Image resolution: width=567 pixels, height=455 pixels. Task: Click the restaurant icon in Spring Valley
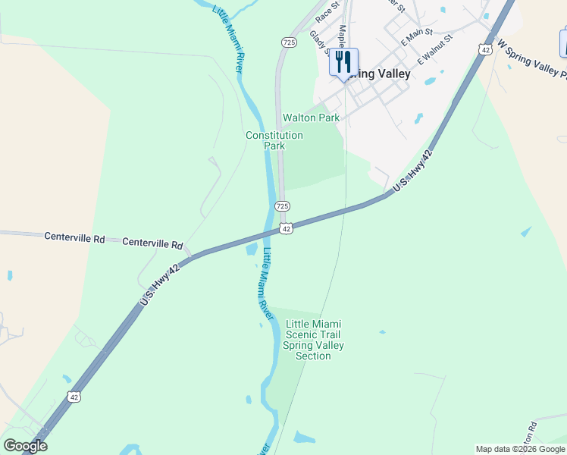pos(343,61)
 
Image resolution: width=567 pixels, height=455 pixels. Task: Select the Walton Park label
pos(311,118)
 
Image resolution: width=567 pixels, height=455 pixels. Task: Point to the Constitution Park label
pos(274,140)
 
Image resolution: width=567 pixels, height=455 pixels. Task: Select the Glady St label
pos(320,42)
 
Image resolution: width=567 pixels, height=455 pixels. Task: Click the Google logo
pos(24,446)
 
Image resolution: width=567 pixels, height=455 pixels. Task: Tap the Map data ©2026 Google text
pos(521,449)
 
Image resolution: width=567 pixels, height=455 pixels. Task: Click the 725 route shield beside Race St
pos(288,42)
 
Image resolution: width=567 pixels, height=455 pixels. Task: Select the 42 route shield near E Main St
pos(485,49)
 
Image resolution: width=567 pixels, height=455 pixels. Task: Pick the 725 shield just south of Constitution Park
pos(282,206)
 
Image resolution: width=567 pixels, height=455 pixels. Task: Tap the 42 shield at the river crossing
pos(286,228)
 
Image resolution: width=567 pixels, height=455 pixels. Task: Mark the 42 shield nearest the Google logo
pos(73,397)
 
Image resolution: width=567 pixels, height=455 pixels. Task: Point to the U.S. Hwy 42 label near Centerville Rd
pos(160,285)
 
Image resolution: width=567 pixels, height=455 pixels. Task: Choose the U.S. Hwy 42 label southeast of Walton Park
pos(412,171)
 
